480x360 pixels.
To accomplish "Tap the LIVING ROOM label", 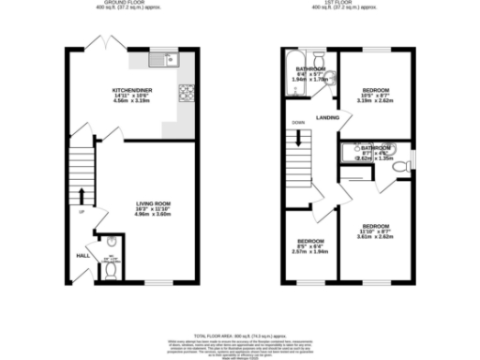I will [x=153, y=204].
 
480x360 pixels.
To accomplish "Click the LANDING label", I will [x=327, y=117].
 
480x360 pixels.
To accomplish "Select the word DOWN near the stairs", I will [x=298, y=123].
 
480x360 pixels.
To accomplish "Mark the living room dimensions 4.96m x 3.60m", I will [x=153, y=215].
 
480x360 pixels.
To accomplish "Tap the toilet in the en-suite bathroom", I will [x=399, y=165].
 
